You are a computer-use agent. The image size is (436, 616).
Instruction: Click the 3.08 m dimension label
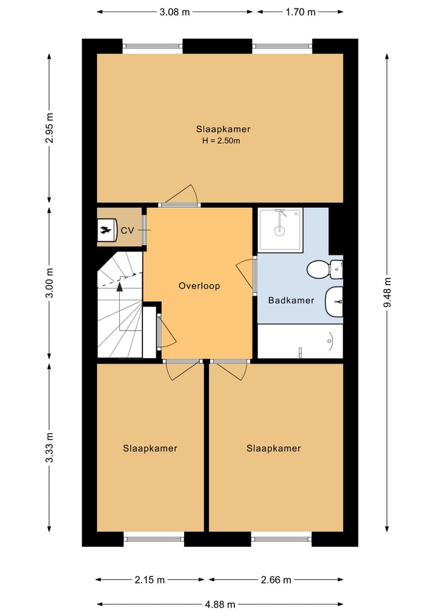[175, 12]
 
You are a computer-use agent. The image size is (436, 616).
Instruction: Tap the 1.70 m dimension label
[300, 12]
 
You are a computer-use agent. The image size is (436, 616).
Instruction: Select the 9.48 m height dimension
[388, 293]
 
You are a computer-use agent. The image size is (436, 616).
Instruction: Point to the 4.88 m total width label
[220, 604]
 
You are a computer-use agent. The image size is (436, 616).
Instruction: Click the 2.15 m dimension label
[150, 580]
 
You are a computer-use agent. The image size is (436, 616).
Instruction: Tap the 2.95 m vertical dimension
[50, 128]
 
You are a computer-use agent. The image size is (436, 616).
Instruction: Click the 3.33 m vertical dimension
[50, 448]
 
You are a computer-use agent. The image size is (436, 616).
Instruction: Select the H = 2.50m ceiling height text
[222, 141]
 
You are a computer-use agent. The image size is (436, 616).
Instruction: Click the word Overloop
[199, 286]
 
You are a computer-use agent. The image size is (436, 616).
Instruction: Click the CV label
[127, 231]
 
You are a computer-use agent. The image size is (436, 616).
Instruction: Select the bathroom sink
[334, 302]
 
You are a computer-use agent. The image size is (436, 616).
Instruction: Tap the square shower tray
[280, 230]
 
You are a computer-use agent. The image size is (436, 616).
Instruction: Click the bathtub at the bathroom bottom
[300, 342]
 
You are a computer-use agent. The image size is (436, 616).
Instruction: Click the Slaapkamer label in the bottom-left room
[150, 448]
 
